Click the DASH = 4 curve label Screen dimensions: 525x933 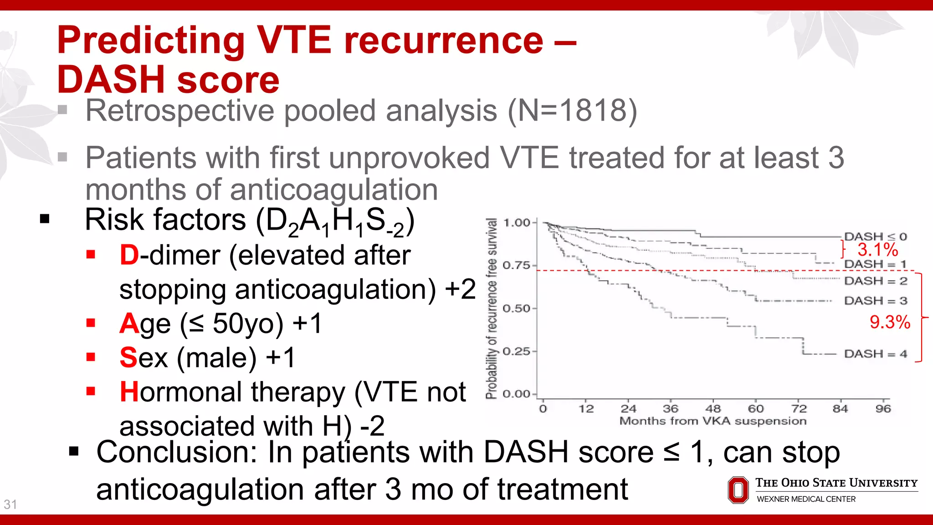pyautogui.click(x=875, y=354)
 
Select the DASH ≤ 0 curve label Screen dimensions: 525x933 pyautogui.click(x=875, y=237)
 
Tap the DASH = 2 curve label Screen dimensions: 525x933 pyautogui.click(x=875, y=281)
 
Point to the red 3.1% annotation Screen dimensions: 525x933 pyautogui.click(x=877, y=250)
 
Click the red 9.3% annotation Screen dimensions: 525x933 pyautogui.click(x=889, y=322)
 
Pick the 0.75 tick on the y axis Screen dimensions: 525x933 pyautogui.click(x=516, y=265)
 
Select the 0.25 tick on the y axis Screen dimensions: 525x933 pyautogui.click(x=516, y=351)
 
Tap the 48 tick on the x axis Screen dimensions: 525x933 pyautogui.click(x=713, y=409)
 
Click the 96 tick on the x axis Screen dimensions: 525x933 pyautogui.click(x=883, y=409)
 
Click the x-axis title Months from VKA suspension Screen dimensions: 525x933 pyautogui.click(x=713, y=421)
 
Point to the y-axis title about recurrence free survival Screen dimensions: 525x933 pyautogui.click(x=491, y=309)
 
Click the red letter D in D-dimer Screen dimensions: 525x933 pyautogui.click(x=129, y=255)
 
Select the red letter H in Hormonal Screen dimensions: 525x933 pyautogui.click(x=129, y=392)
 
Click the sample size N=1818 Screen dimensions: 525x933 pyautogui.click(x=572, y=111)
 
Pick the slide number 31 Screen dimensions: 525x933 pyautogui.click(x=10, y=504)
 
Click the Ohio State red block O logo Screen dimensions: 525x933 pyautogui.click(x=738, y=490)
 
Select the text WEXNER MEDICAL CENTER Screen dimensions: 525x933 pyautogui.click(x=806, y=499)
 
